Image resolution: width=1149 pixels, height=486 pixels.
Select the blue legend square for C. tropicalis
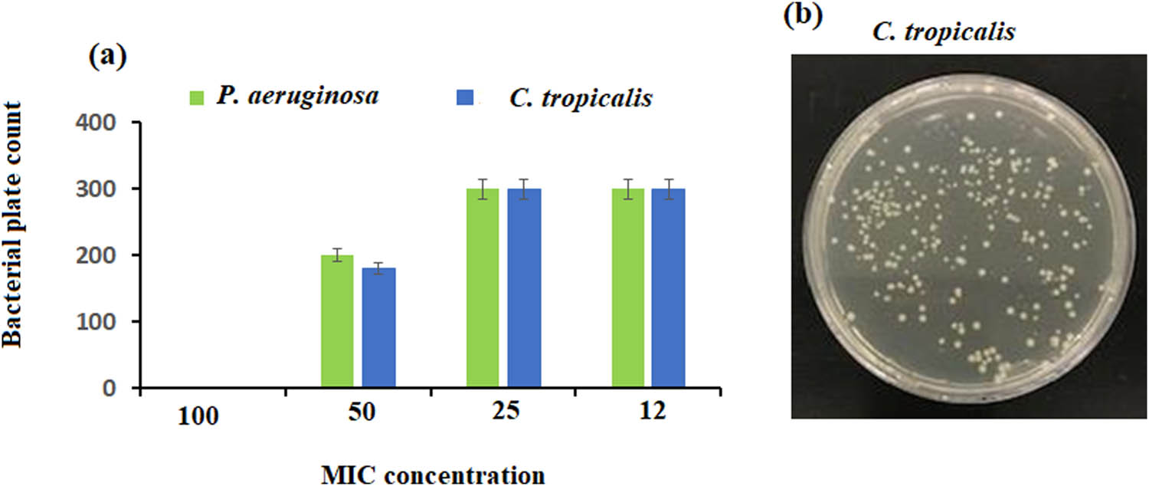pyautogui.click(x=466, y=98)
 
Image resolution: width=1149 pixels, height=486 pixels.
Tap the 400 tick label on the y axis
pyautogui.click(x=102, y=123)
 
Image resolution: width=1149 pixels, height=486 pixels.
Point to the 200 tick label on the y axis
pyautogui.click(x=102, y=255)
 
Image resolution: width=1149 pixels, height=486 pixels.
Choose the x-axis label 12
pyautogui.click(x=650, y=409)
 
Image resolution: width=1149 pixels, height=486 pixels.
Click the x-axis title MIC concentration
pyautogui.click(x=432, y=475)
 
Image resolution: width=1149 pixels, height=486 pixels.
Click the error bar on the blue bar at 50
pyautogui.click(x=378, y=268)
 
